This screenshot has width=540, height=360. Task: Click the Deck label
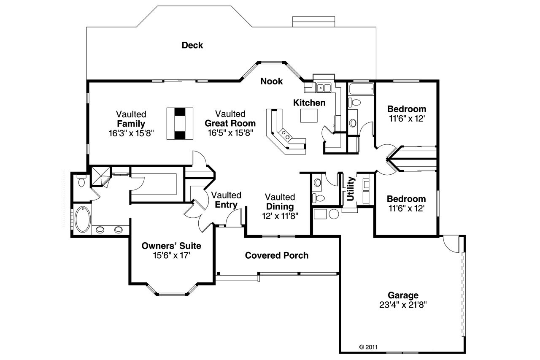pos(192,45)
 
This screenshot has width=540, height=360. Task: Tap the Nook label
pos(271,81)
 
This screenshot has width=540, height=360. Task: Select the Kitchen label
pos(309,103)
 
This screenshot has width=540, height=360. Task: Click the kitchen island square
pos(308,115)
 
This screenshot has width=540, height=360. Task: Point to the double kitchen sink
pos(324,88)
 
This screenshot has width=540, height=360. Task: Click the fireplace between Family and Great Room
pos(180,123)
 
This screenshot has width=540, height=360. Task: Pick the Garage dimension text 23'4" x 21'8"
pos(403,305)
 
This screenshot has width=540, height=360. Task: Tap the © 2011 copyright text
pos(368,347)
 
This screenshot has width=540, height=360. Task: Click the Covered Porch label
pos(276,255)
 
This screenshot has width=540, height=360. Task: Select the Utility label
pos(350,189)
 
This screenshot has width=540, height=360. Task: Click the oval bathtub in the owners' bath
pos(82,219)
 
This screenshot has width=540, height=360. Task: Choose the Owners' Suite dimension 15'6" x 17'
pos(171,255)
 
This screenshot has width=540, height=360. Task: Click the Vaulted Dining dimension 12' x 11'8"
pos(281,216)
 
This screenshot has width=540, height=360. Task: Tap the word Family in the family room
pos(131,124)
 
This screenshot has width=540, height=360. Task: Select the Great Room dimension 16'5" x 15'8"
pos(230,133)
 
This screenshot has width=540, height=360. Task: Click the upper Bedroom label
pos(406,109)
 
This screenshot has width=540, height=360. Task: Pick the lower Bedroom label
pos(406,199)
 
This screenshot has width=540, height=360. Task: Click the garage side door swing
pos(452,244)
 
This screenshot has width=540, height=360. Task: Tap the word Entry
pos(226,205)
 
